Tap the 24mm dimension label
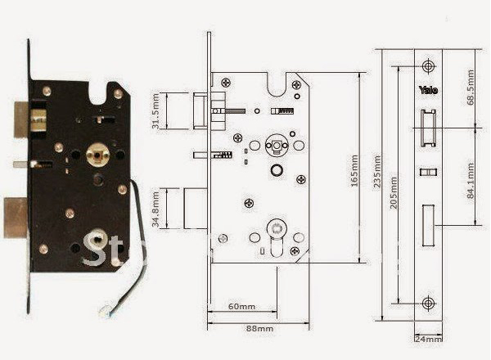(x=429, y=338)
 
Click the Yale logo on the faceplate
(x=429, y=90)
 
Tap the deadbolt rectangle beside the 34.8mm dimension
(x=195, y=209)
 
